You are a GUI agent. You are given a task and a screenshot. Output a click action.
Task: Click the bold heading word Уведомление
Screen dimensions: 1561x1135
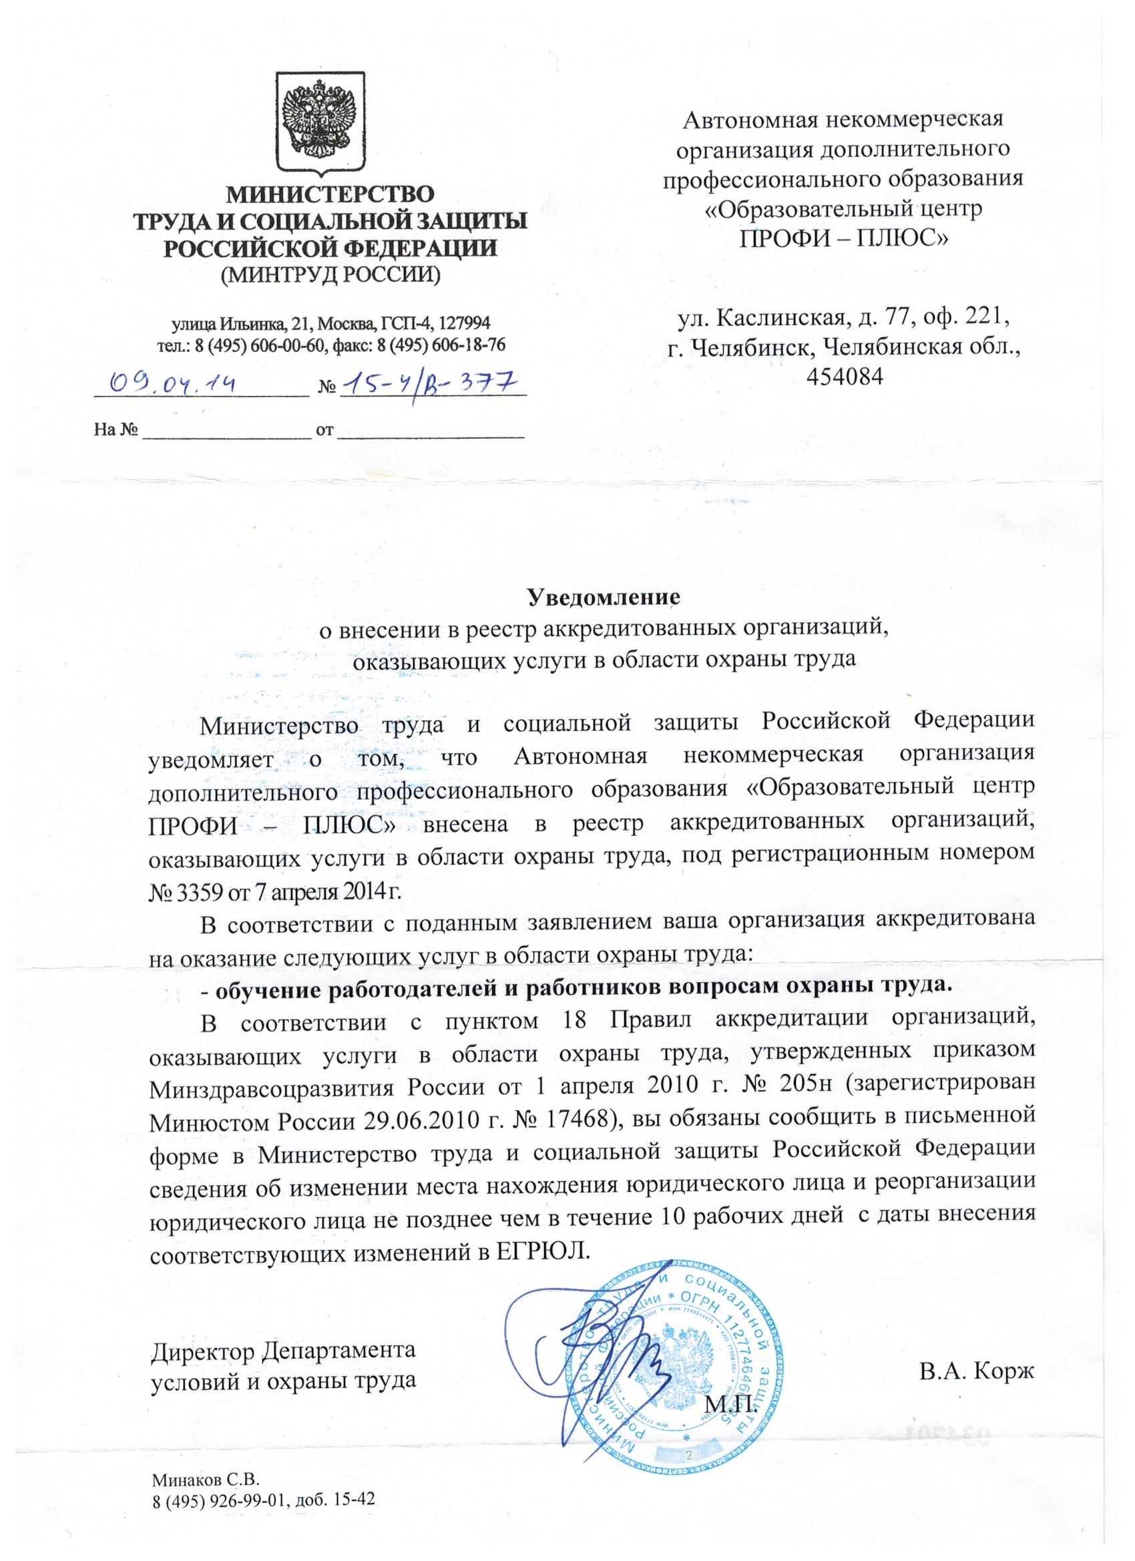[604, 597]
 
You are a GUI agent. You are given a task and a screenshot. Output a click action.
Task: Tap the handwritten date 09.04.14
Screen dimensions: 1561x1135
[176, 383]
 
